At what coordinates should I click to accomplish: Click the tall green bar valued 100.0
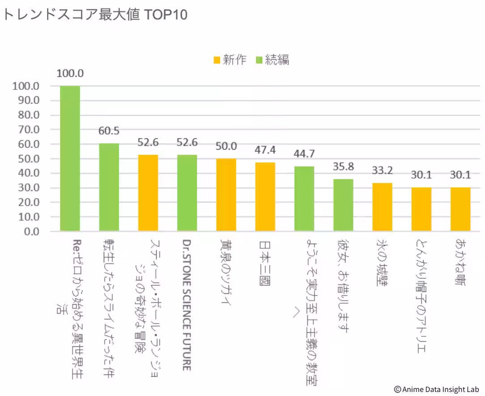coord(70,159)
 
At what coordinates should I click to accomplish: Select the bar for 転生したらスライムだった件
coord(109,187)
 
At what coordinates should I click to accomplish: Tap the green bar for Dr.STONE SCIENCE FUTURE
coord(187,193)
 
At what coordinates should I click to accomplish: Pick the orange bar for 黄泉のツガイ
coord(226,195)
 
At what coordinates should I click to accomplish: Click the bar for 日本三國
coord(265,197)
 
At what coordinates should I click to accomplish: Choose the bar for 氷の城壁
coord(382,207)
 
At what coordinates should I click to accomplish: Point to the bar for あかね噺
coord(460,209)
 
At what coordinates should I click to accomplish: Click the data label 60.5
coord(109,131)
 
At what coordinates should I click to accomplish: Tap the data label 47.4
coord(265,150)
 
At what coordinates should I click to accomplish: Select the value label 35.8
coord(343,167)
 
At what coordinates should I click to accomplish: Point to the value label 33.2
coord(382,171)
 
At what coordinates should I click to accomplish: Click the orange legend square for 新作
coord(217,60)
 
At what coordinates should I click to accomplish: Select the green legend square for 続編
coord(259,60)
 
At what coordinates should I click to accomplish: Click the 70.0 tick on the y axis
coord(29,129)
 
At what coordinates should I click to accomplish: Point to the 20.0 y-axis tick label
coord(29,202)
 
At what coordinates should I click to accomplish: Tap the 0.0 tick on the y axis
coord(32,232)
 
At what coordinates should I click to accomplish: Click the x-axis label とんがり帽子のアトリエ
coord(421,296)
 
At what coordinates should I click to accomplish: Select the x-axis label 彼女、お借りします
coord(343,286)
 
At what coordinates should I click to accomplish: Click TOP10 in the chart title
coord(166,14)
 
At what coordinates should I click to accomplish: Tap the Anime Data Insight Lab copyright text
coord(436,389)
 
